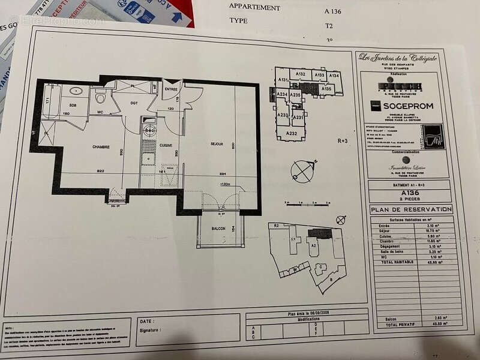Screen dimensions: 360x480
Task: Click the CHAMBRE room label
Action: pos(101,146)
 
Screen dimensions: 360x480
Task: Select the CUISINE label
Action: pos(166,145)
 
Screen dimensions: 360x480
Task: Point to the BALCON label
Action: pos(209,229)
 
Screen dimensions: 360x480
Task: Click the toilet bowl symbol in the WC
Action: pos(101,97)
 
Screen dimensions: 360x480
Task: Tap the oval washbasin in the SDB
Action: pos(76,91)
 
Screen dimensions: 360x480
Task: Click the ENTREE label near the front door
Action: pos(172,89)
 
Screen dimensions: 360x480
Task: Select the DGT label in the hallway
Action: pos(134,103)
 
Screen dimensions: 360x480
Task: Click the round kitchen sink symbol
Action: pos(149,130)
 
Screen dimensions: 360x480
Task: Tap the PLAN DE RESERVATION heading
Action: pos(411,209)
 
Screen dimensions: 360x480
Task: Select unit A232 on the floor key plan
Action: pos(292,133)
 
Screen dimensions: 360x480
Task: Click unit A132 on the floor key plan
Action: pos(301,74)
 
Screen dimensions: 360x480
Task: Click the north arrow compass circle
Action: pos(302,171)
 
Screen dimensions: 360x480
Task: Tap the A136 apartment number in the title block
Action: pos(410,193)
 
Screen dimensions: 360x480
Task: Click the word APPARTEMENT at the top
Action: pos(254,8)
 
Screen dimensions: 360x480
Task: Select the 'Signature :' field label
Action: pos(149,329)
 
